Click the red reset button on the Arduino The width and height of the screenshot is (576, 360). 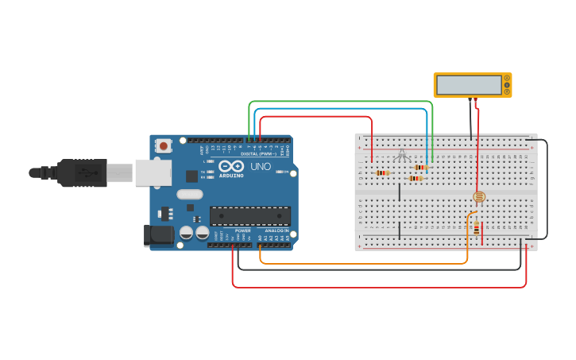tap(164, 145)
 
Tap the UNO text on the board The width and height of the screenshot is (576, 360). tap(261, 168)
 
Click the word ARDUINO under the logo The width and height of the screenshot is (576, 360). tap(231, 175)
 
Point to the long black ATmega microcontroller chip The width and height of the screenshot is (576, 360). tap(249, 215)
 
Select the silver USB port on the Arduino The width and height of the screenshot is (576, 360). tap(151, 172)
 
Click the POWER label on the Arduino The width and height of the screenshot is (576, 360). tap(242, 230)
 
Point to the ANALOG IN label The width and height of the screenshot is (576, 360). tap(276, 230)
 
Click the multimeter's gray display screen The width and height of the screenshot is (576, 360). tap(469, 84)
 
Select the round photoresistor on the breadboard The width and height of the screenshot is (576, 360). tap(478, 196)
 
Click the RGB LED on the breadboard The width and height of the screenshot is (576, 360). tap(401, 154)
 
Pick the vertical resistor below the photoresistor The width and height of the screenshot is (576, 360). tap(477, 230)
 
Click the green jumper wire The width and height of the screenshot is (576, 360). tap(342, 102)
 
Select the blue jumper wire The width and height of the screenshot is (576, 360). tap(342, 109)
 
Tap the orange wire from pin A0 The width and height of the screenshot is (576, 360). tap(358, 263)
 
